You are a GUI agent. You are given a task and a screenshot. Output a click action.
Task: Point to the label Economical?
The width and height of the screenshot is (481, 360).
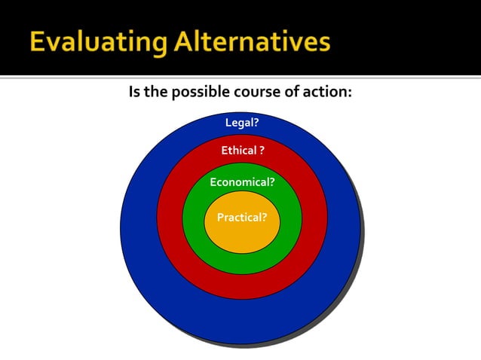tap(242, 182)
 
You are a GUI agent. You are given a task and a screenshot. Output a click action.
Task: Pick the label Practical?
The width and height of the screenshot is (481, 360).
tap(242, 218)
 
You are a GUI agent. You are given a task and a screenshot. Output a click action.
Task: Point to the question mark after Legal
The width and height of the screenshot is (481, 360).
tap(256, 122)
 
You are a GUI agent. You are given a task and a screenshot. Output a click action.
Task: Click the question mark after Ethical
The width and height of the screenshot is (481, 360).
tap(262, 151)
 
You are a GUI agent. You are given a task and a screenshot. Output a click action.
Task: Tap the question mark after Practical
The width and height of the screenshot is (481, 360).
tap(264, 218)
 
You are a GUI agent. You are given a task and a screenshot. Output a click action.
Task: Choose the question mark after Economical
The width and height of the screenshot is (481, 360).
tap(271, 182)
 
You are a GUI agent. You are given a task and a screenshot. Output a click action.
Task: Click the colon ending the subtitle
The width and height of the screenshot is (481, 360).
tap(351, 94)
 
